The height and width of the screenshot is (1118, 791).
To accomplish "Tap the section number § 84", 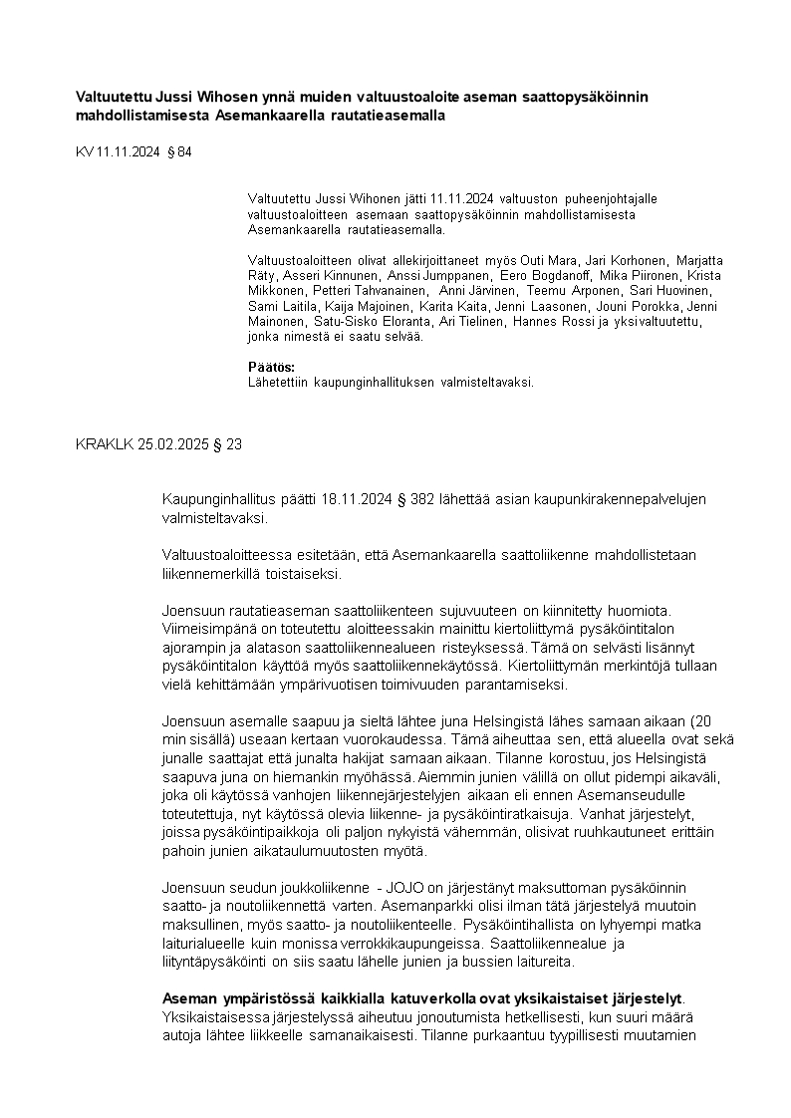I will (x=178, y=151).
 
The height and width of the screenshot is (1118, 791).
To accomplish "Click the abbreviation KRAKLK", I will (x=104, y=444).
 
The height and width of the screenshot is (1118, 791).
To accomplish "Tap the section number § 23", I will (x=227, y=444).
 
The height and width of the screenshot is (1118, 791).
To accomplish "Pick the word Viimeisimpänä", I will (x=208, y=630).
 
